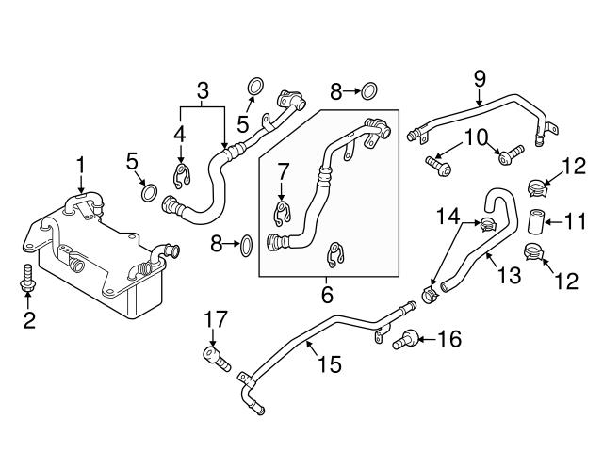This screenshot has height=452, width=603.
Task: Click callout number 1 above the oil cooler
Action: click(x=81, y=167)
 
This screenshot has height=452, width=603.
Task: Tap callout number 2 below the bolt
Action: click(x=29, y=319)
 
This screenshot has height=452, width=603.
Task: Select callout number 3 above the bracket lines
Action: click(x=202, y=91)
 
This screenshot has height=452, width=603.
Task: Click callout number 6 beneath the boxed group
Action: click(x=327, y=294)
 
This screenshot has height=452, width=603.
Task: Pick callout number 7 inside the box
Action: click(x=280, y=171)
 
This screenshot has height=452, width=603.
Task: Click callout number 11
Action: click(x=575, y=223)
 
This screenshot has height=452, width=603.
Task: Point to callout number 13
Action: click(x=508, y=274)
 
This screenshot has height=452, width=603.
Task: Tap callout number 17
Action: click(x=212, y=320)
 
